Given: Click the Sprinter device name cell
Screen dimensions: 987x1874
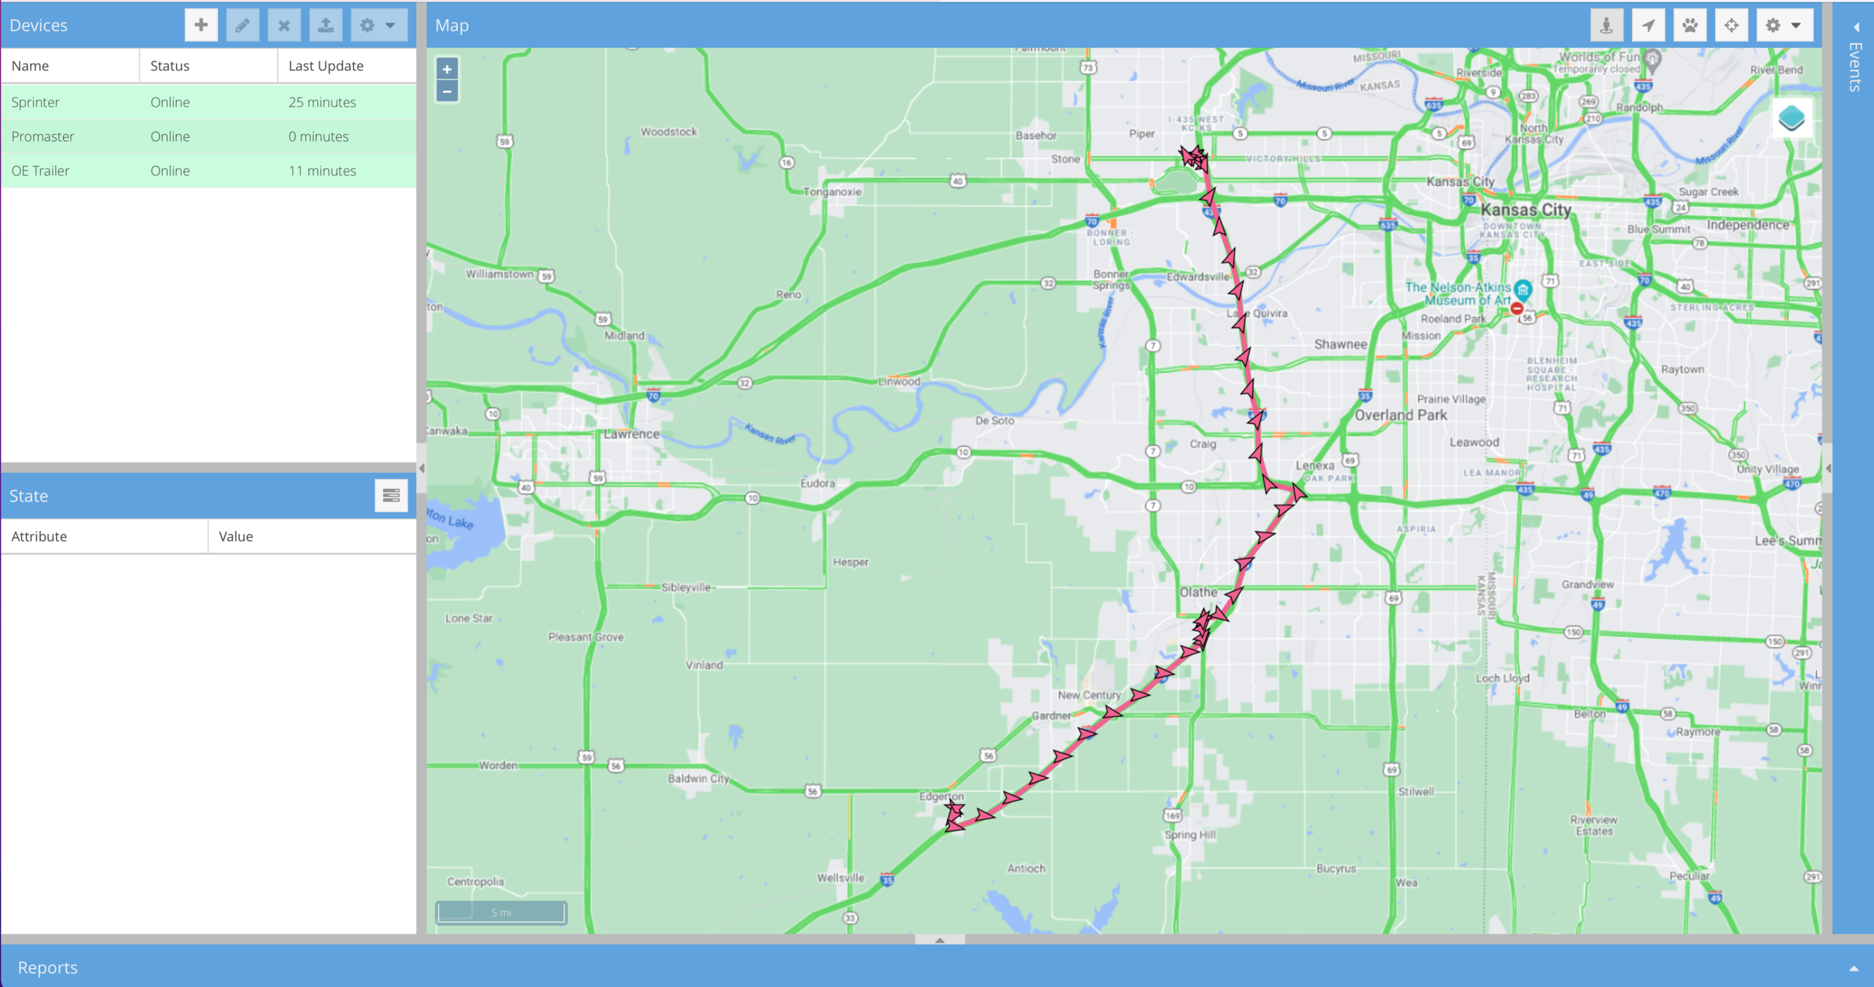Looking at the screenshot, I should (x=35, y=102).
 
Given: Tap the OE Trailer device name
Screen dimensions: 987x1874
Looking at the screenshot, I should (x=40, y=171).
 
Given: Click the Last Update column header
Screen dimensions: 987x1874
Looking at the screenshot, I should (x=326, y=66).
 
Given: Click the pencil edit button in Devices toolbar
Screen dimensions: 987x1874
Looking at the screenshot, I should (x=242, y=25).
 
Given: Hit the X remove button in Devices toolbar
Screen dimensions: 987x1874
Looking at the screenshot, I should (x=284, y=25).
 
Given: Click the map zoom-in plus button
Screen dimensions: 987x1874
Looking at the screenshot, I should (x=447, y=69).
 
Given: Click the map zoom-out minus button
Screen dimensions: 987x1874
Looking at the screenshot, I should (x=447, y=91).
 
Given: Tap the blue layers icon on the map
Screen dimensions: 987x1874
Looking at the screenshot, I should (x=1792, y=118).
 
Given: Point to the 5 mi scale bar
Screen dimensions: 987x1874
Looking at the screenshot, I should (x=501, y=912).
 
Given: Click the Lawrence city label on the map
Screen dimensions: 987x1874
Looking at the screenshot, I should (x=632, y=434).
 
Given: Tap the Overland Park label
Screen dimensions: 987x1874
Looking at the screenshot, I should (x=1400, y=415).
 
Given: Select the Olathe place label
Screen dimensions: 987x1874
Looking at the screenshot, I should (x=1198, y=592).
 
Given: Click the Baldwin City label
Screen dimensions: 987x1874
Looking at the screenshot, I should (x=699, y=778).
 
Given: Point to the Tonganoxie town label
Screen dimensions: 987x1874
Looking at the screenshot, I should (x=832, y=192).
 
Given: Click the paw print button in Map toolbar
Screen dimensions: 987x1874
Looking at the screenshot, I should (x=1690, y=25).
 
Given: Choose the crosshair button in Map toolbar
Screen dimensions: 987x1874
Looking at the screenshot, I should (x=1732, y=25).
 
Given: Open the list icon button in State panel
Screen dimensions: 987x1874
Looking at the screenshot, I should (x=391, y=496).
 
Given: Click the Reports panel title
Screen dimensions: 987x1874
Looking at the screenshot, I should (x=47, y=967).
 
